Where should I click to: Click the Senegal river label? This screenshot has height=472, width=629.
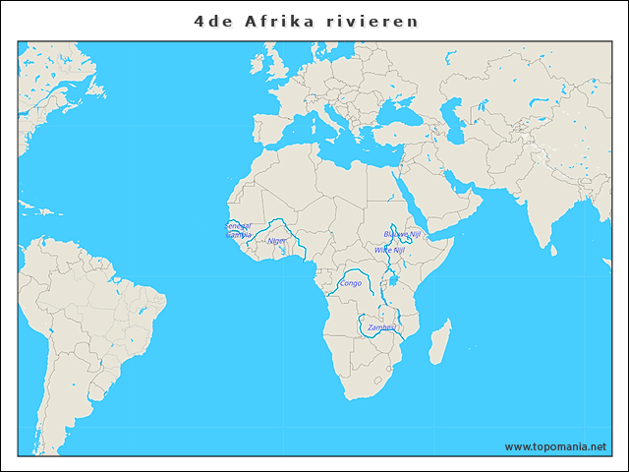(x=238, y=225)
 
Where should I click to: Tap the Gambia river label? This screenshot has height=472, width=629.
(x=238, y=235)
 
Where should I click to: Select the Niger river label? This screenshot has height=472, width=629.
(x=277, y=240)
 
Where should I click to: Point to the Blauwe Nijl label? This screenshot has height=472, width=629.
(x=402, y=235)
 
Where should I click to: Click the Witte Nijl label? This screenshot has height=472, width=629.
(x=388, y=250)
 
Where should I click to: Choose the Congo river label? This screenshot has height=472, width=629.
(x=350, y=283)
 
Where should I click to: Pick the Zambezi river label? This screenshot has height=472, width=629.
(x=381, y=326)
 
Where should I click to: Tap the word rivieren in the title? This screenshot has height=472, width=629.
(x=379, y=20)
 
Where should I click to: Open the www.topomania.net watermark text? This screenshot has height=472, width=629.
(x=555, y=446)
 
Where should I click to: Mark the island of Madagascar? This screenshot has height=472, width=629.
(x=444, y=340)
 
